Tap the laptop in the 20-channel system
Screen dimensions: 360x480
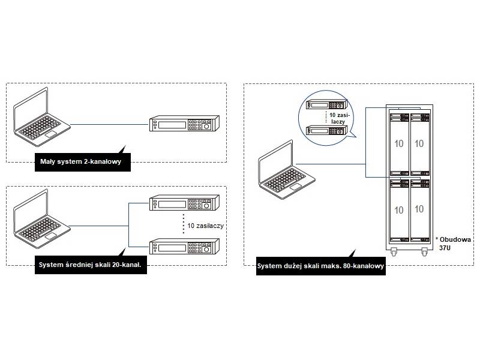pos(41,220)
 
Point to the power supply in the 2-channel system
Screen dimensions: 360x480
pos(184,125)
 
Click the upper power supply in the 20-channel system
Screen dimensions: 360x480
pos(184,203)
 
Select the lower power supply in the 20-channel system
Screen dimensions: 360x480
pos(184,247)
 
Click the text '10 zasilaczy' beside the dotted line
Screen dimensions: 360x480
pos(205,226)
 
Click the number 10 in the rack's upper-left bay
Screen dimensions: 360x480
pos(399,144)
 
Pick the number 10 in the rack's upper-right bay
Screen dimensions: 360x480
pos(419,144)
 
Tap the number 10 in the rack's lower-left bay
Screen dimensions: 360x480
pos(399,210)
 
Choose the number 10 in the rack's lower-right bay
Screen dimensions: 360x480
pos(419,209)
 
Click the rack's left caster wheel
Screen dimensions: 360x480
pos(394,251)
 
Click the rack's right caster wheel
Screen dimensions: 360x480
pos(425,251)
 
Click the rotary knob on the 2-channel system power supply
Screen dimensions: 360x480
pos(207,126)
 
